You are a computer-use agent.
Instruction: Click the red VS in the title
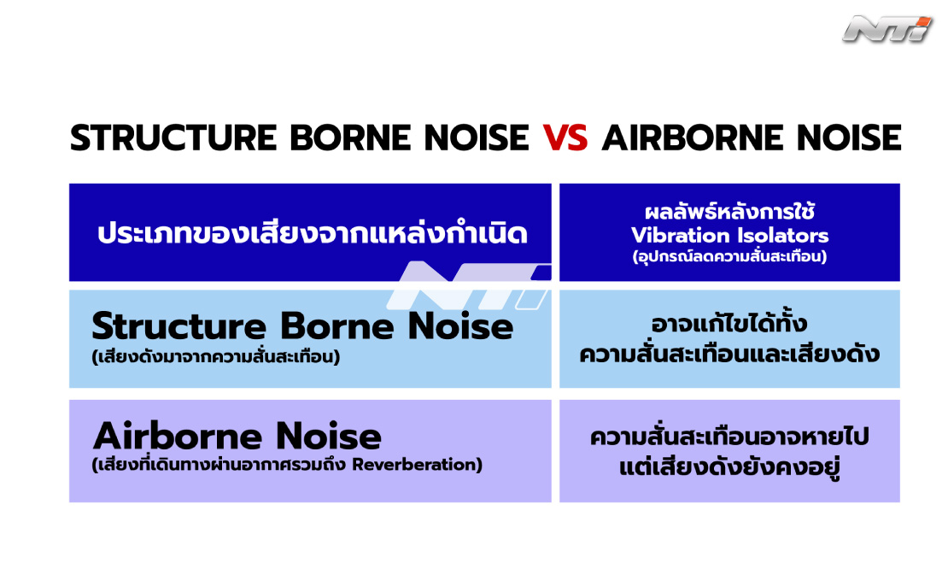(x=565, y=138)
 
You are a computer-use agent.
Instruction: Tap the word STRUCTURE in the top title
(x=173, y=138)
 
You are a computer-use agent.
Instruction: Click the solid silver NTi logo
(x=887, y=30)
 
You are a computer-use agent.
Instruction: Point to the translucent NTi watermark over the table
(x=469, y=285)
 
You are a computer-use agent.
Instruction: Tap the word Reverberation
(x=417, y=465)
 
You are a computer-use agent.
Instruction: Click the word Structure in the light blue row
(x=179, y=326)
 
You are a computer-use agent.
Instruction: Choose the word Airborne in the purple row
(x=178, y=436)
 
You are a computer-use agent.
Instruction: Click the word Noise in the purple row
(x=329, y=436)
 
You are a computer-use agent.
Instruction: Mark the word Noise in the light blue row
(x=460, y=326)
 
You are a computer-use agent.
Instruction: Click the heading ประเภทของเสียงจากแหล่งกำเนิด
(x=313, y=233)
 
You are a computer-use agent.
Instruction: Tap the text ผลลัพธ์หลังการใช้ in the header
(x=729, y=212)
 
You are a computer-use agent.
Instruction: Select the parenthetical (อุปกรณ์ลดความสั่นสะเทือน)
(x=729, y=256)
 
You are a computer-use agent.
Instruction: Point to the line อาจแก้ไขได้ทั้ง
(x=729, y=324)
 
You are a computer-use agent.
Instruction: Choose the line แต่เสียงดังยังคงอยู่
(x=729, y=467)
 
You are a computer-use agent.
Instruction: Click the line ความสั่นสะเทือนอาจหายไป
(x=729, y=437)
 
